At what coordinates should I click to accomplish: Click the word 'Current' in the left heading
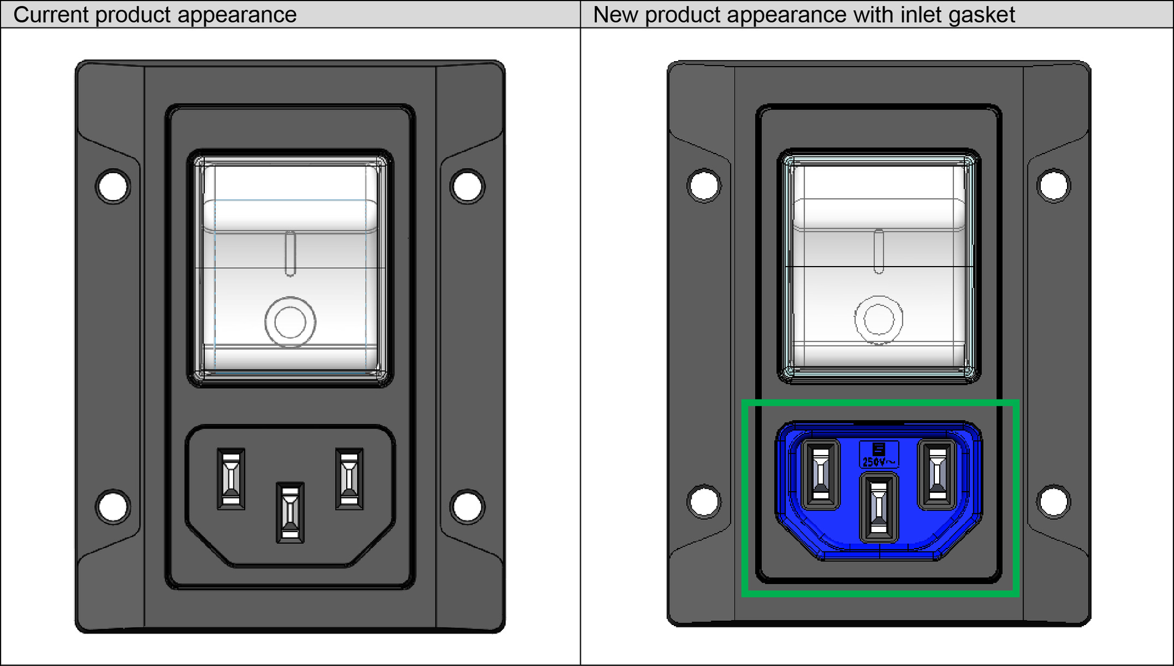click(51, 15)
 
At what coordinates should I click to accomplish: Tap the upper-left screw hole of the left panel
click(113, 186)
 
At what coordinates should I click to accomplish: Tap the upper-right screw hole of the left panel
click(467, 186)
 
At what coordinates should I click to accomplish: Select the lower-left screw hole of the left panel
click(113, 506)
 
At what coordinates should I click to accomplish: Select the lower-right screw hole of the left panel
click(467, 506)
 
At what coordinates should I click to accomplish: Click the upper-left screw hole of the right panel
click(704, 185)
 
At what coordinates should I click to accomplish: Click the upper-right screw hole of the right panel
click(1054, 185)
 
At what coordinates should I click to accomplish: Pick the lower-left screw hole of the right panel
click(704, 501)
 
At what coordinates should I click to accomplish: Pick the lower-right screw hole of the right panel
click(1054, 501)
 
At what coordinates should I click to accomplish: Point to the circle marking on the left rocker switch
click(290, 322)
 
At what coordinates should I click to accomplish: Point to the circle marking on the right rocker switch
click(879, 319)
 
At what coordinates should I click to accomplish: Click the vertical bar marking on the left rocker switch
click(290, 253)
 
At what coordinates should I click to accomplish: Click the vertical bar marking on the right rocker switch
click(879, 251)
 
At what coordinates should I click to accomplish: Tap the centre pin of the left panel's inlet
click(290, 512)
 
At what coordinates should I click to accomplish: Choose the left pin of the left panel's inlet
click(231, 479)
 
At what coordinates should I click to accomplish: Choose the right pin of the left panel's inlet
click(349, 479)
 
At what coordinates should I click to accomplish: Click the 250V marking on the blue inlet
click(879, 462)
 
